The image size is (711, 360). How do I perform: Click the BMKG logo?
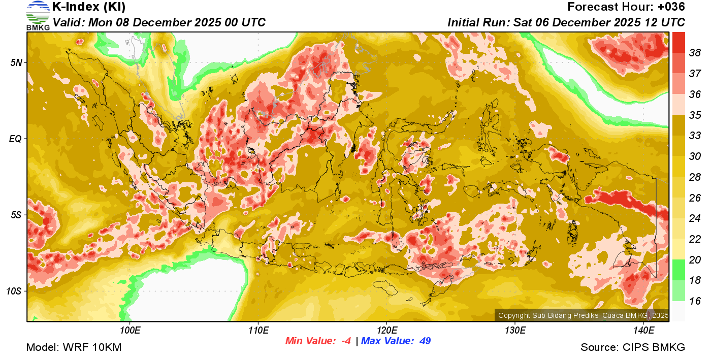coord(38,16)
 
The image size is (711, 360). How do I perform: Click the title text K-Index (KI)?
coord(89,7)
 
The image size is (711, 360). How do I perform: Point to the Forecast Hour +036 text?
coord(626,7)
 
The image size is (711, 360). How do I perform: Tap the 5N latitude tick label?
coord(16,62)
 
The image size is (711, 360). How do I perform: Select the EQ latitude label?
coord(16,139)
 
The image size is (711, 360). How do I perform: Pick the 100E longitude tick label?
coord(130,331)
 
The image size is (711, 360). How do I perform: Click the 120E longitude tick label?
coord(386,331)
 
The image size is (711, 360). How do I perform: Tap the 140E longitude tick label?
coord(643,331)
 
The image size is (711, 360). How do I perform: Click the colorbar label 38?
coord(695,52)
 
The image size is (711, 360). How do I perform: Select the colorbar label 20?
coord(695,260)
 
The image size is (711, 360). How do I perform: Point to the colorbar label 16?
coord(695,301)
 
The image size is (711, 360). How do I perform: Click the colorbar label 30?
coord(695,156)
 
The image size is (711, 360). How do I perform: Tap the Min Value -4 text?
coord(318,341)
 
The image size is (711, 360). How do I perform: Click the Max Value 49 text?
coord(396,341)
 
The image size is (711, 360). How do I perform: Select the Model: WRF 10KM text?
coord(74,347)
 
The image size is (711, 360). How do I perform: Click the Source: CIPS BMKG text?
coord(633,347)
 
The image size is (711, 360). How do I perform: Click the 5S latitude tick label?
coord(16,215)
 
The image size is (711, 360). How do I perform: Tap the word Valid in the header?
coord(70,23)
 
